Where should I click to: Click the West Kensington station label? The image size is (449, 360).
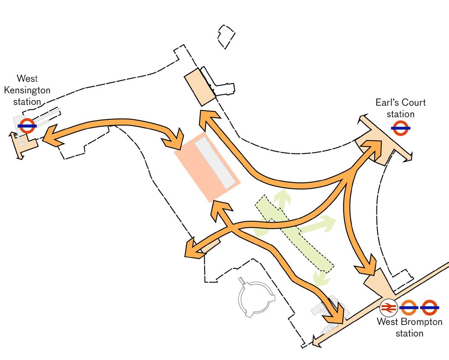tap(27, 90)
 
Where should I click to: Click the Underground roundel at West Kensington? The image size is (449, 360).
tap(27, 125)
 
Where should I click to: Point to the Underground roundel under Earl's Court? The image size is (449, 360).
tap(400, 128)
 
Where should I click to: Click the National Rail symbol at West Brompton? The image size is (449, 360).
tap(388, 307)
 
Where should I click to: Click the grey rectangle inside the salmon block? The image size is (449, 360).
tap(215, 163)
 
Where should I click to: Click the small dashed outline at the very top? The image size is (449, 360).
tap(226, 37)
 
